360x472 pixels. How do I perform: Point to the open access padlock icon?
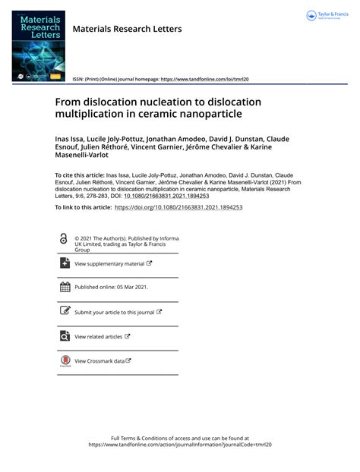tap(63, 239)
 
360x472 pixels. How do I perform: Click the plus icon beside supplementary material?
tap(64, 263)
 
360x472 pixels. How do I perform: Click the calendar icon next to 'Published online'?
tap(64, 288)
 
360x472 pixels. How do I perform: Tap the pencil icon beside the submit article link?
tap(64, 311)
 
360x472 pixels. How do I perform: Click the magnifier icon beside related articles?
tap(64, 336)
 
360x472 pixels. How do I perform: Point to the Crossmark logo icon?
tap(64, 362)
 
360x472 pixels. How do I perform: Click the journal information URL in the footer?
tap(179, 445)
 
